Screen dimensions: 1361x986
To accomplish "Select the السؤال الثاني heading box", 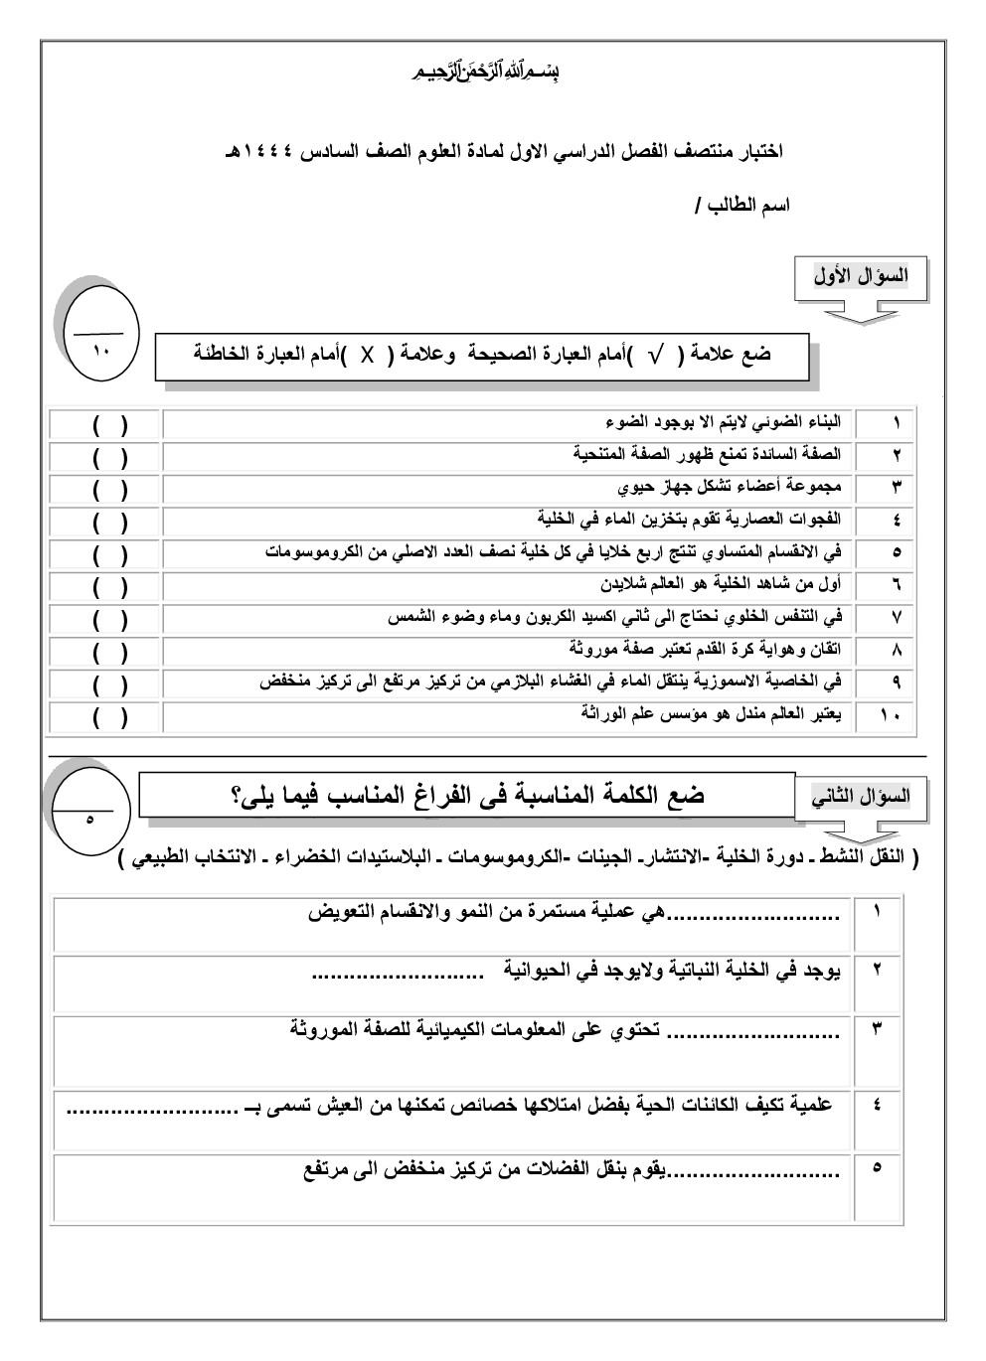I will coord(861,797).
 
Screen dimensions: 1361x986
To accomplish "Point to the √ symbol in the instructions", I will coord(654,356).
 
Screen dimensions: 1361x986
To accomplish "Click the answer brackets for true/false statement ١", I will coord(109,424).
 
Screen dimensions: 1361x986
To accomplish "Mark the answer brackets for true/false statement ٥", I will coord(109,552).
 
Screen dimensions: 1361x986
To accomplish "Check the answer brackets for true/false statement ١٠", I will coord(109,717).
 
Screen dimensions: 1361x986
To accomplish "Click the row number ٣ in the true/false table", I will coord(896,488).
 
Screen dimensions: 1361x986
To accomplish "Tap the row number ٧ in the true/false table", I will coord(896,618).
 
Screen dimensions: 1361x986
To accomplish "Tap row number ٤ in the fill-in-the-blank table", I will coord(877,1105).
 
